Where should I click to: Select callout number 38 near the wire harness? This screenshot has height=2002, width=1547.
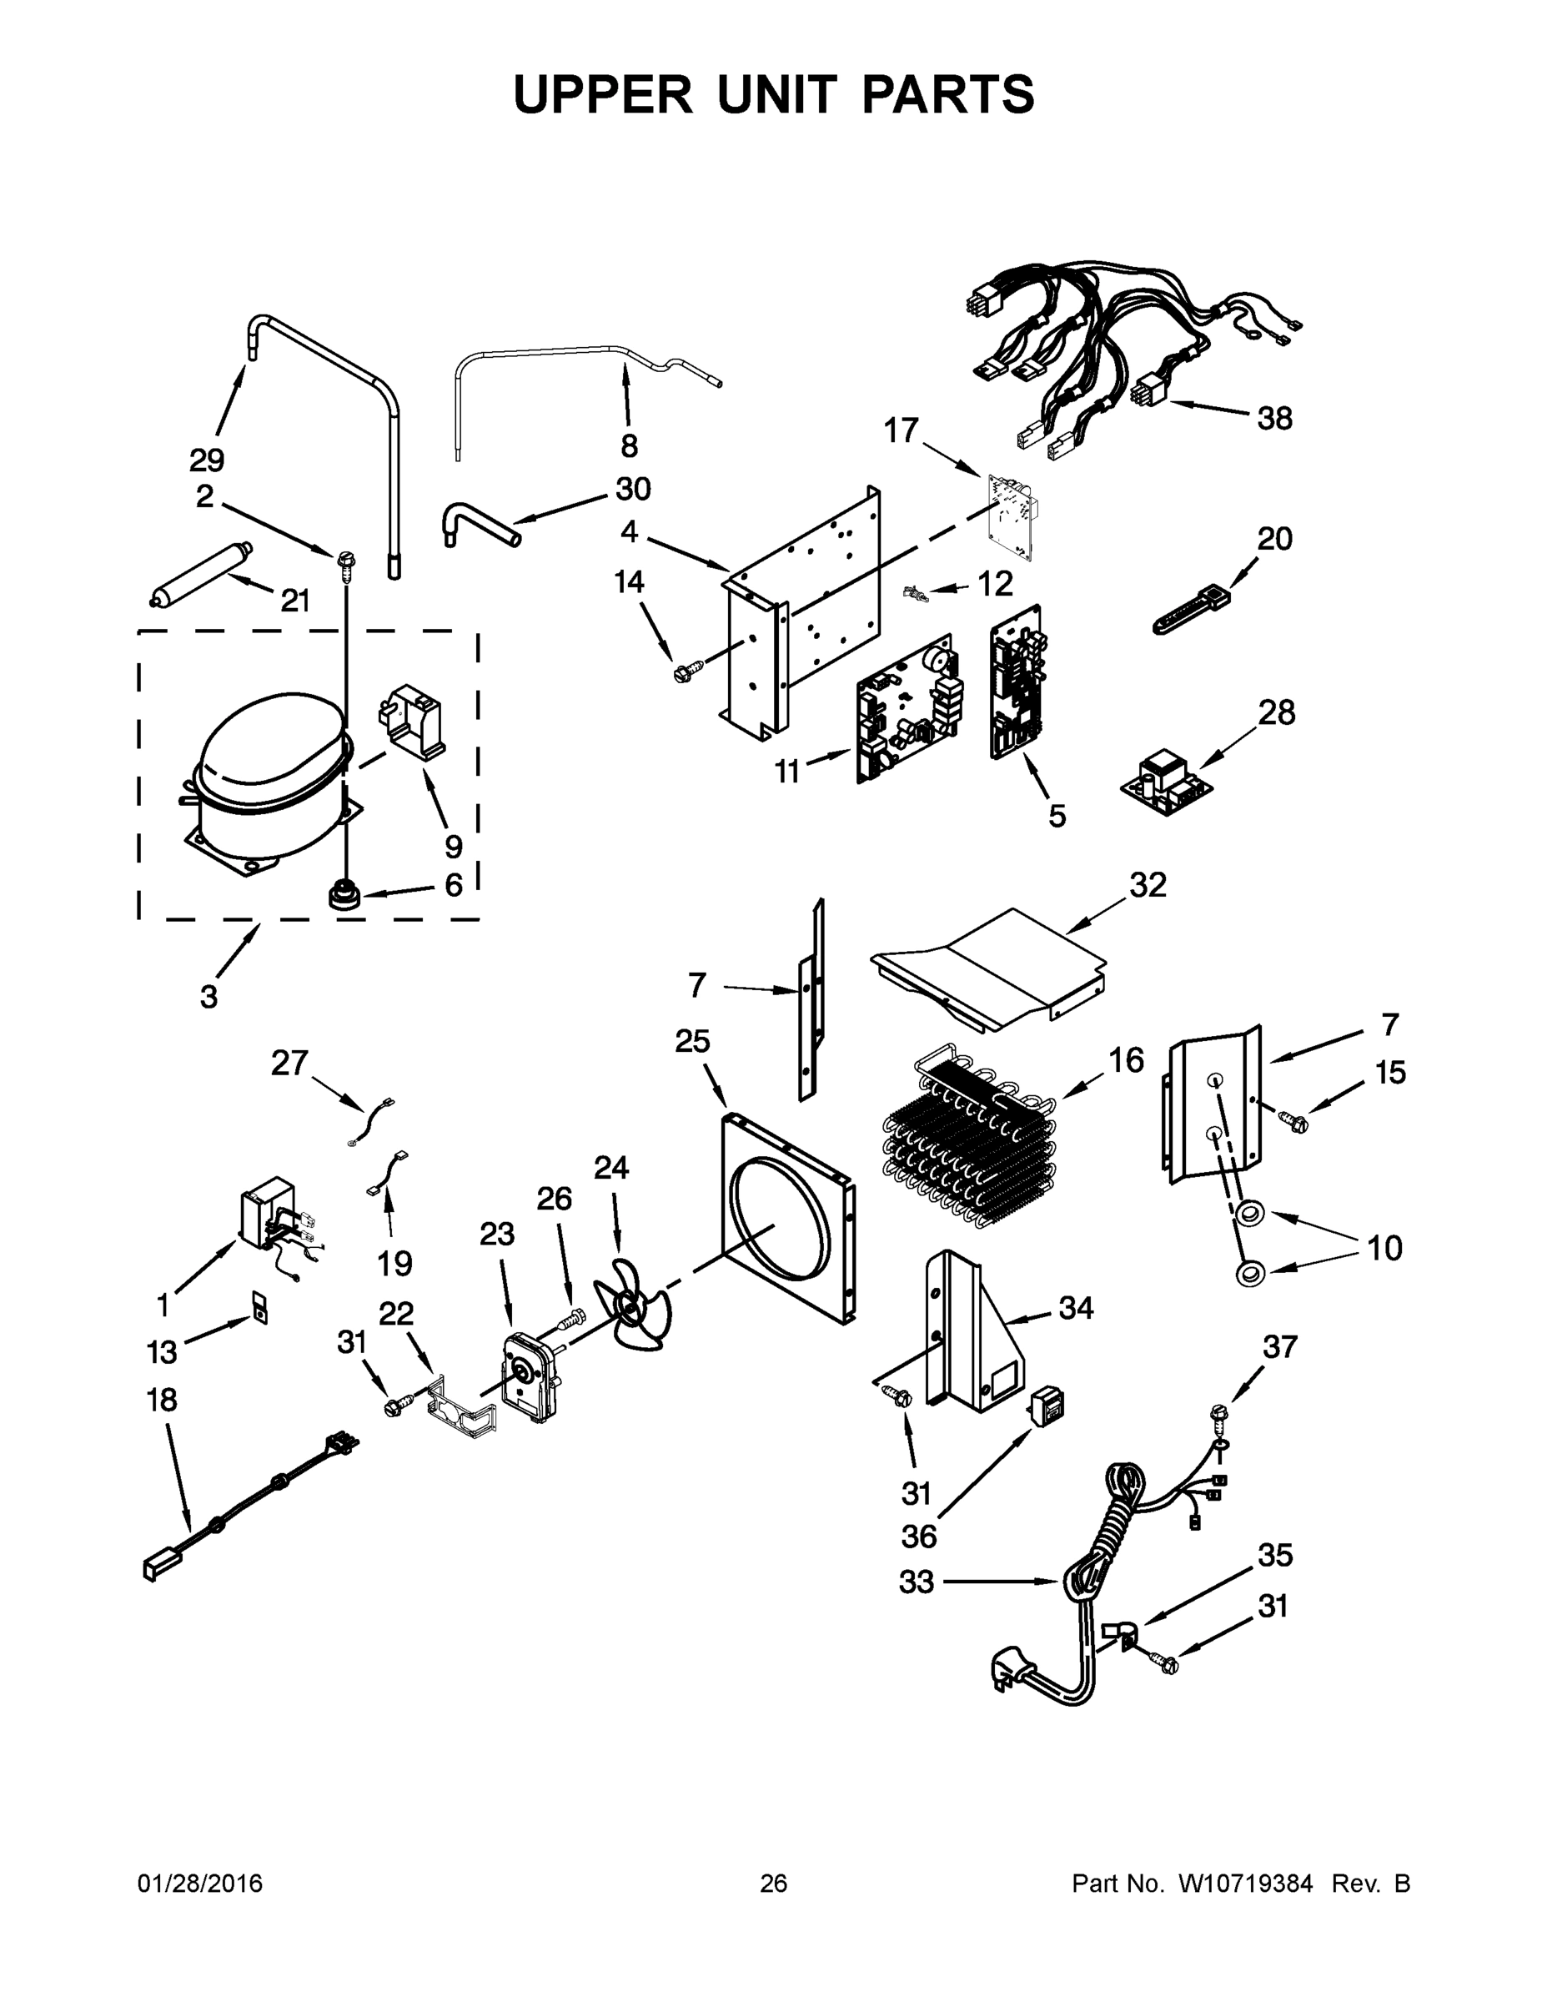[x=1275, y=418]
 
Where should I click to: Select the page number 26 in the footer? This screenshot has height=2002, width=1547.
[x=774, y=1883]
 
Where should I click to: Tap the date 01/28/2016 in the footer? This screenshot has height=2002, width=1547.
[x=200, y=1883]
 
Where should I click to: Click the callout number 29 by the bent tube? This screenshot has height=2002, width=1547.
[x=207, y=460]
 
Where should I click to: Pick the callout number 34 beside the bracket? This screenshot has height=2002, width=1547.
[x=1076, y=1308]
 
